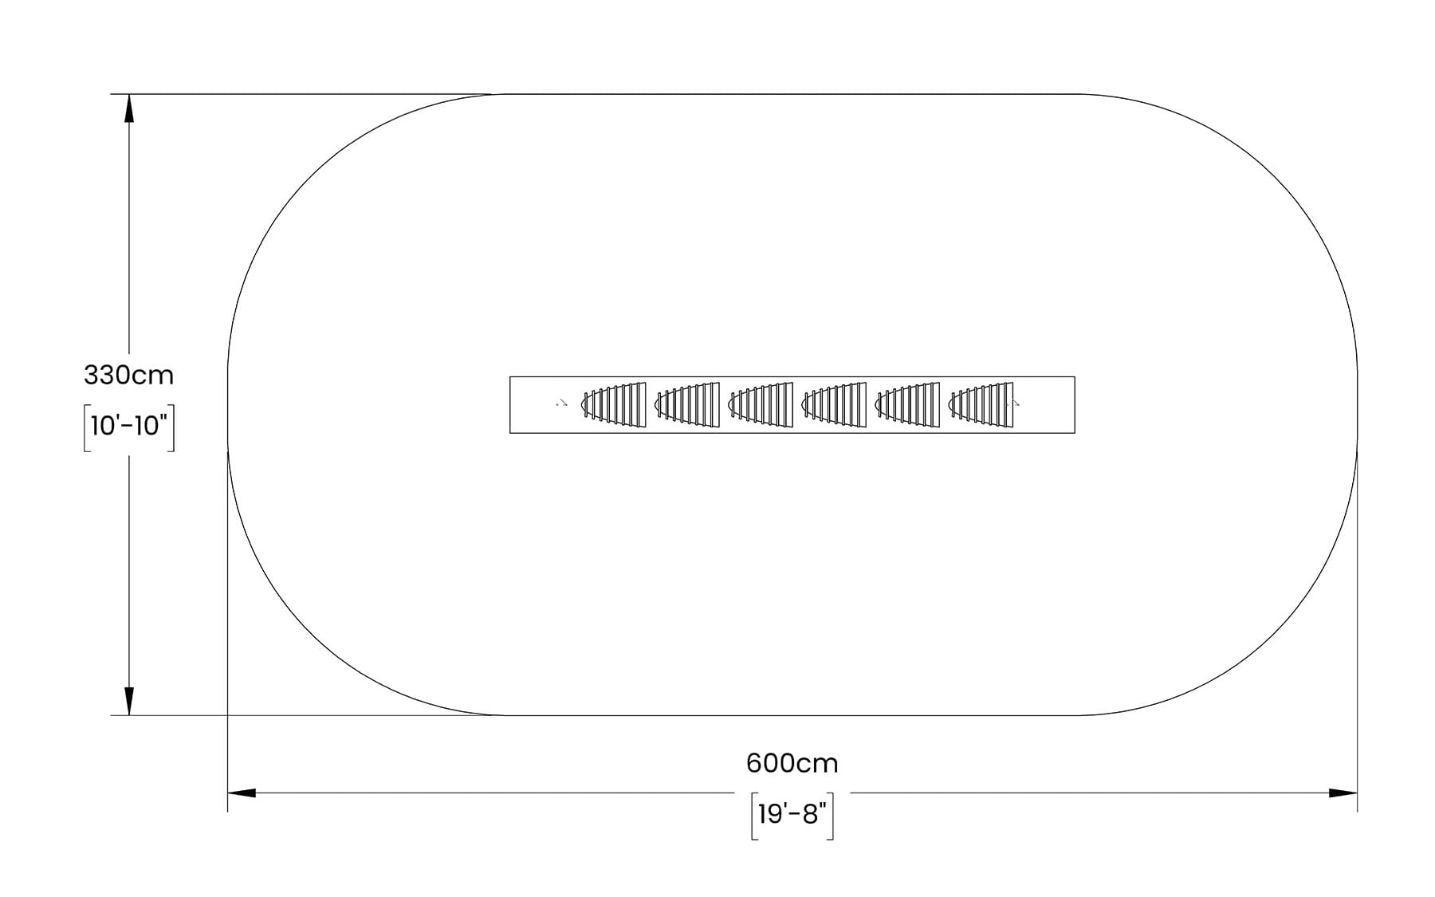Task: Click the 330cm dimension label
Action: pos(128,375)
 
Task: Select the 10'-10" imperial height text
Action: pos(129,426)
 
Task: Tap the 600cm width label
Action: pos(792,764)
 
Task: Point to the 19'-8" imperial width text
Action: pos(792,814)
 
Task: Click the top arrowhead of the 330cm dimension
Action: pos(129,108)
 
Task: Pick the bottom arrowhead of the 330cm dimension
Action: pos(129,702)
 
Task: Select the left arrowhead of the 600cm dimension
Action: pos(242,793)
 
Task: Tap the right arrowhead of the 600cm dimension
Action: pos(1343,793)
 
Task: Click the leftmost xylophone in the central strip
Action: pos(613,405)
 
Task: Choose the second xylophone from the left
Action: pos(686,405)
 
